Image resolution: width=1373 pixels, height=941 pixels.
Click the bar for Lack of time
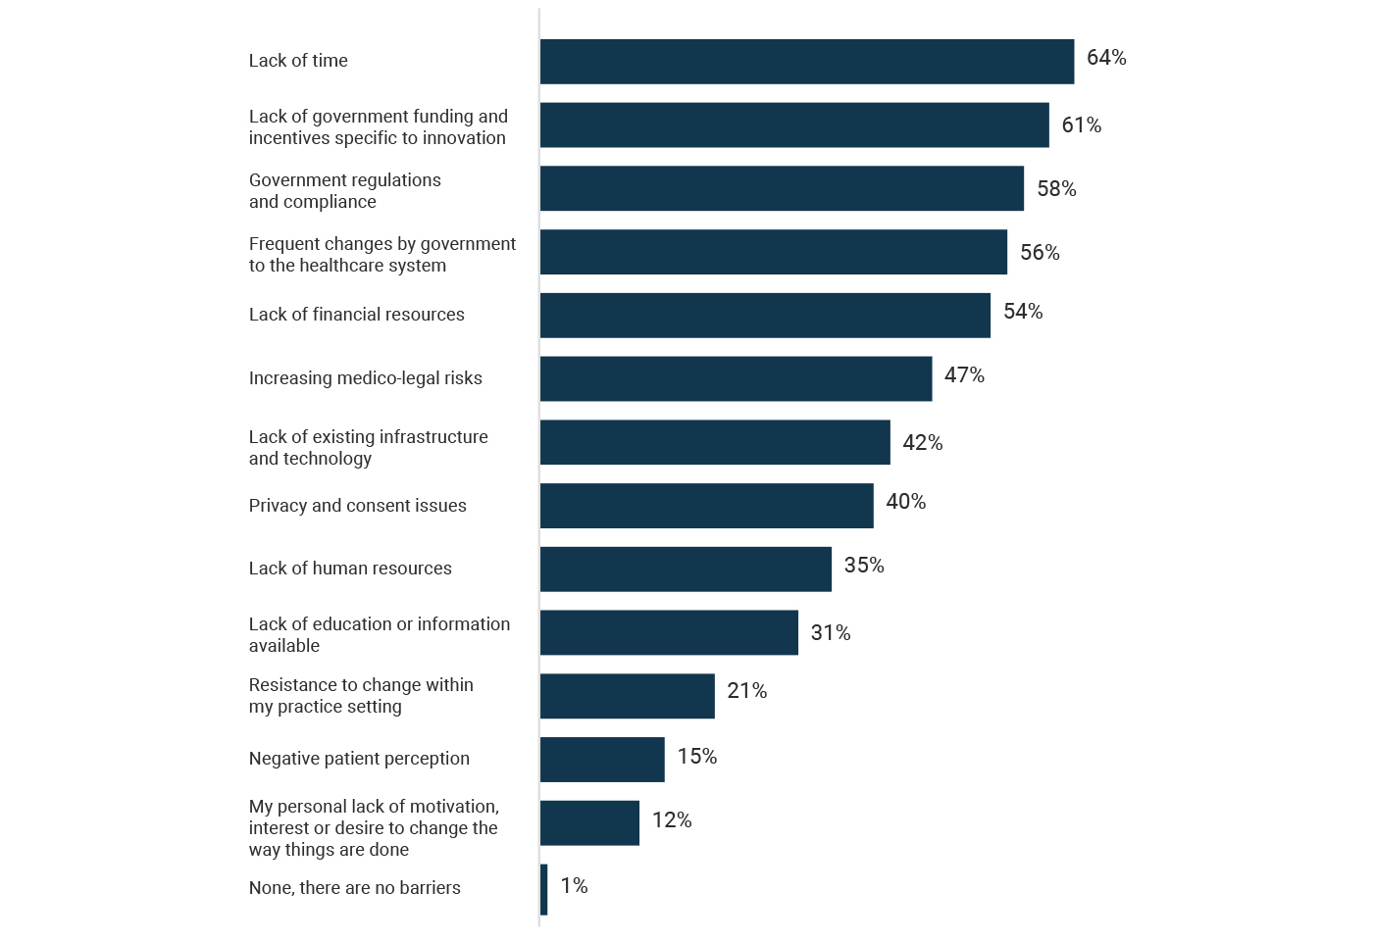click(806, 62)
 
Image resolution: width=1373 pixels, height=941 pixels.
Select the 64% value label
click(1106, 58)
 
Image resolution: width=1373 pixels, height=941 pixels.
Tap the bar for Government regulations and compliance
click(782, 188)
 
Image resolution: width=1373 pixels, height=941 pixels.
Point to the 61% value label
click(1081, 125)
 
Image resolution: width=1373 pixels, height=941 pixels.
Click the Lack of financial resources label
click(356, 315)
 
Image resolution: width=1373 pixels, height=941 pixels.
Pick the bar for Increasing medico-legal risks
click(736, 378)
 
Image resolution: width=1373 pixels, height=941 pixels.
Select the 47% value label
click(964, 375)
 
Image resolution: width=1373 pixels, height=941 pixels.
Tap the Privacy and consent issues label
click(357, 506)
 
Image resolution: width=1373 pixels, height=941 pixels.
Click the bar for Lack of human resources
click(686, 570)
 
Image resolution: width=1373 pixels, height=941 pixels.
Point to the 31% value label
click(830, 633)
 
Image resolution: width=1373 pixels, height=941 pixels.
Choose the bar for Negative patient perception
click(602, 760)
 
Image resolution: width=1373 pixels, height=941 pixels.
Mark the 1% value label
click(574, 886)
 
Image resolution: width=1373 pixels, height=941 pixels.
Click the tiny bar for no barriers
click(543, 889)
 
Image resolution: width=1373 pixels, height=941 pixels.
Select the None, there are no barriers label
click(354, 888)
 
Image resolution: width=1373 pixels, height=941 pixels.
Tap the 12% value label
click(672, 820)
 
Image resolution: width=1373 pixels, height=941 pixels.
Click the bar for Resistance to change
click(627, 696)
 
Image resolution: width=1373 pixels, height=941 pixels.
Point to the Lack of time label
click(298, 61)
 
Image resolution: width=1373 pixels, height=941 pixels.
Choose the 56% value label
click(1040, 253)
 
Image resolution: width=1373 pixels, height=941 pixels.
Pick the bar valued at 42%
click(715, 442)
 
